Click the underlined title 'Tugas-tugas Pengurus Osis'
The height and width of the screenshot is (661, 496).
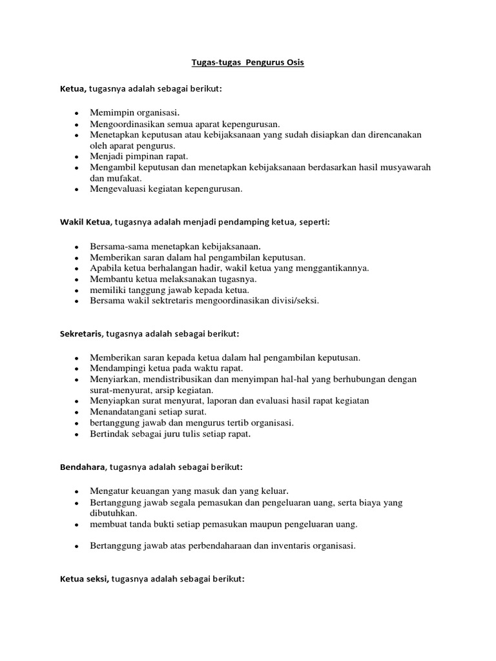[248, 63]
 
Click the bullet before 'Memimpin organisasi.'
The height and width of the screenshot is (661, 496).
[76, 113]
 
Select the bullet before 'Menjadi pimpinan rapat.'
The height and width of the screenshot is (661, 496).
[76, 157]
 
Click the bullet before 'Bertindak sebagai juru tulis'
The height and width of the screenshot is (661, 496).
[76, 434]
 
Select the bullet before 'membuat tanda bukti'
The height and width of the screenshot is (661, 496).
[76, 524]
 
